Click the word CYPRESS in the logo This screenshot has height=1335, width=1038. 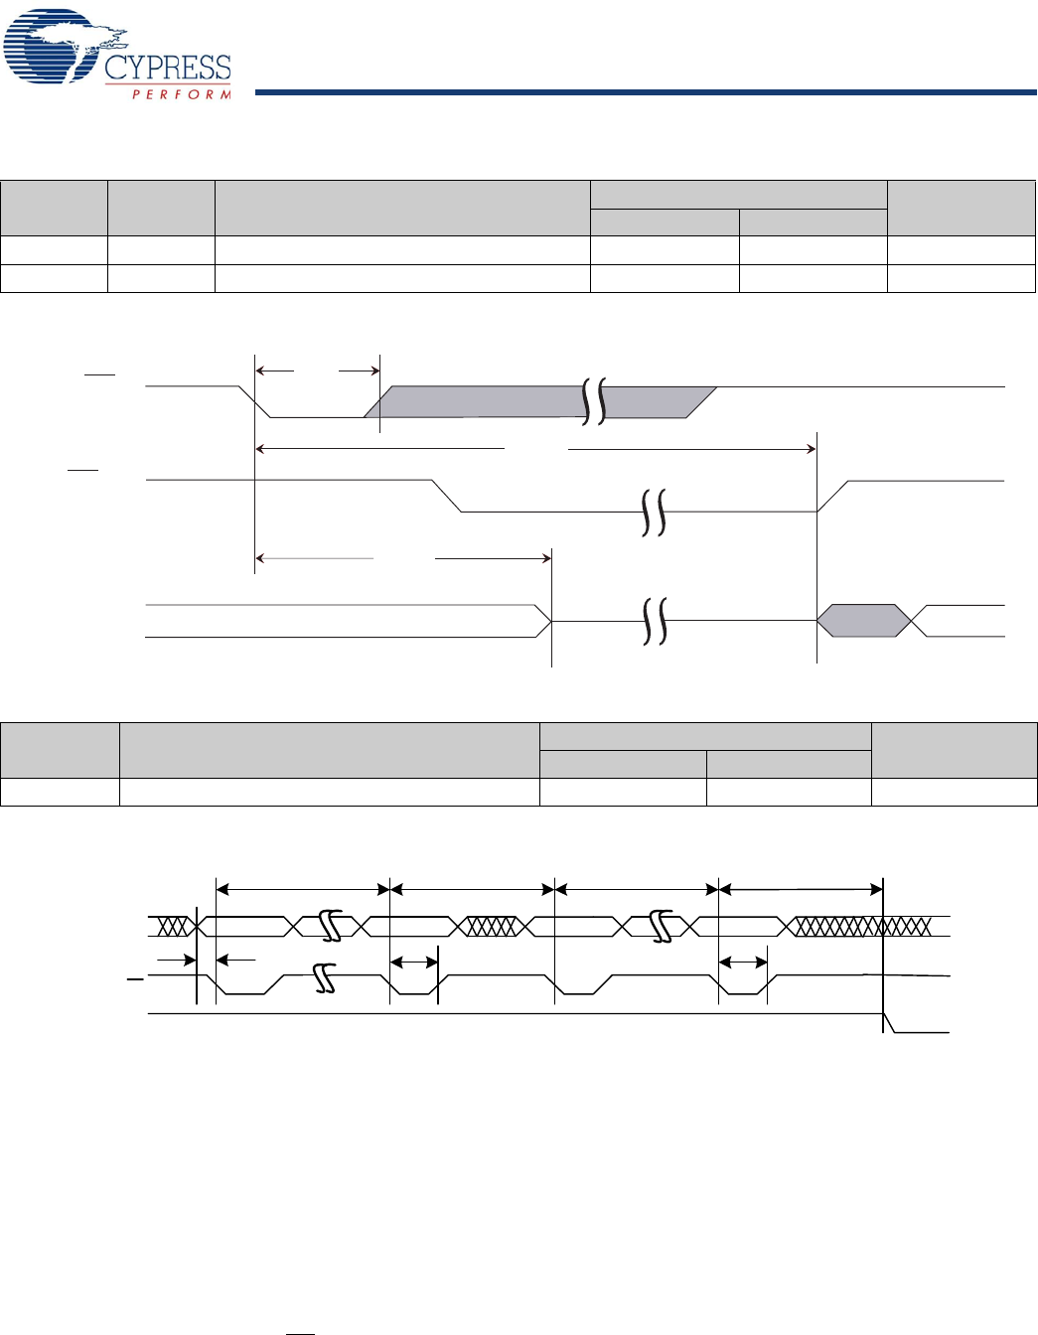168,68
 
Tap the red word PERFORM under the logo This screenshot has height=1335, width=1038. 182,94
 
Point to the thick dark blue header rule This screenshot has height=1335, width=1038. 646,92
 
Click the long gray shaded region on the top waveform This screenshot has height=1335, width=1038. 477,402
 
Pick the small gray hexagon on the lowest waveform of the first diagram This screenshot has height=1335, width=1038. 863,621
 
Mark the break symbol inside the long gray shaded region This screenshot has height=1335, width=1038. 594,401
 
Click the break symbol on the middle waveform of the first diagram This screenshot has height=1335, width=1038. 653,513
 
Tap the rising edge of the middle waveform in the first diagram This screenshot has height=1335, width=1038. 832,496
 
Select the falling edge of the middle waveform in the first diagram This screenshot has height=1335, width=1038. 447,496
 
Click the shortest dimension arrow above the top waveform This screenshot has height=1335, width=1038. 318,371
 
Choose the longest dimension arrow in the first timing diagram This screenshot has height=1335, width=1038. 536,449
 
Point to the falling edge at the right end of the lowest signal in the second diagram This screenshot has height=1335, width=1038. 890,1023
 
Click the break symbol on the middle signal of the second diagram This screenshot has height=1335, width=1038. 324,977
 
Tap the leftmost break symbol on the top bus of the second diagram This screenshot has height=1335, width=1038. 331,927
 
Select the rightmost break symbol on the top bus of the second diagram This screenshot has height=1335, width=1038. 662,927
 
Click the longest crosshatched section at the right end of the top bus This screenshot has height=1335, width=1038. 860,927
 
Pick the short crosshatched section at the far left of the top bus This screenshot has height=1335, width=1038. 174,927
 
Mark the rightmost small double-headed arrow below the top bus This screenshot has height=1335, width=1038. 743,962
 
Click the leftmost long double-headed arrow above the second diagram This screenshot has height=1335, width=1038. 303,888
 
